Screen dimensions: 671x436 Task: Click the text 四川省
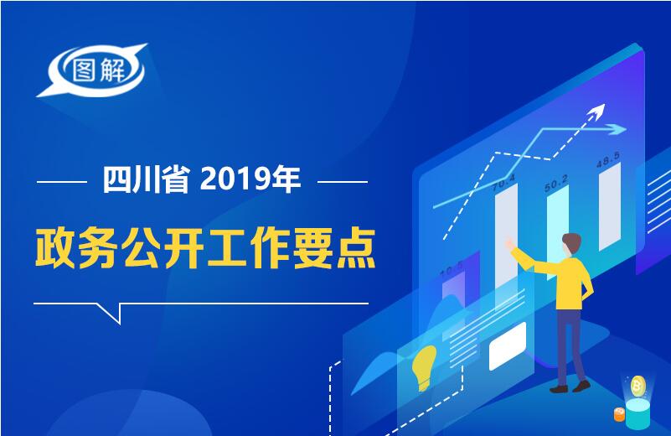coord(147,180)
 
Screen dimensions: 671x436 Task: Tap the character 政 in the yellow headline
coord(55,248)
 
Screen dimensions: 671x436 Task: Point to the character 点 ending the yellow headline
coord(356,248)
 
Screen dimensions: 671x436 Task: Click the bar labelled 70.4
coord(506,240)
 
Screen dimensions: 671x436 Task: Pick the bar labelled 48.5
coord(610,206)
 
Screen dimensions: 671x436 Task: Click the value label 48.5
coord(608,159)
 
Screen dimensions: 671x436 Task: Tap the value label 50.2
coord(556,183)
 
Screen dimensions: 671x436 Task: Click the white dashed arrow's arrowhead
coord(597,112)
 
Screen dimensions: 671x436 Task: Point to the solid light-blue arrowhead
coord(617,128)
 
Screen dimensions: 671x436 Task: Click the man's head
coord(571,245)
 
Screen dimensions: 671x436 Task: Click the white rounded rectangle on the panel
coord(508,346)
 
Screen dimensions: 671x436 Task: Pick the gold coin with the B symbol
coord(638,387)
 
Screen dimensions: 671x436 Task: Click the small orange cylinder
coord(619,414)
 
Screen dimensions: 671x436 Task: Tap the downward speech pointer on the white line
coord(111,313)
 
